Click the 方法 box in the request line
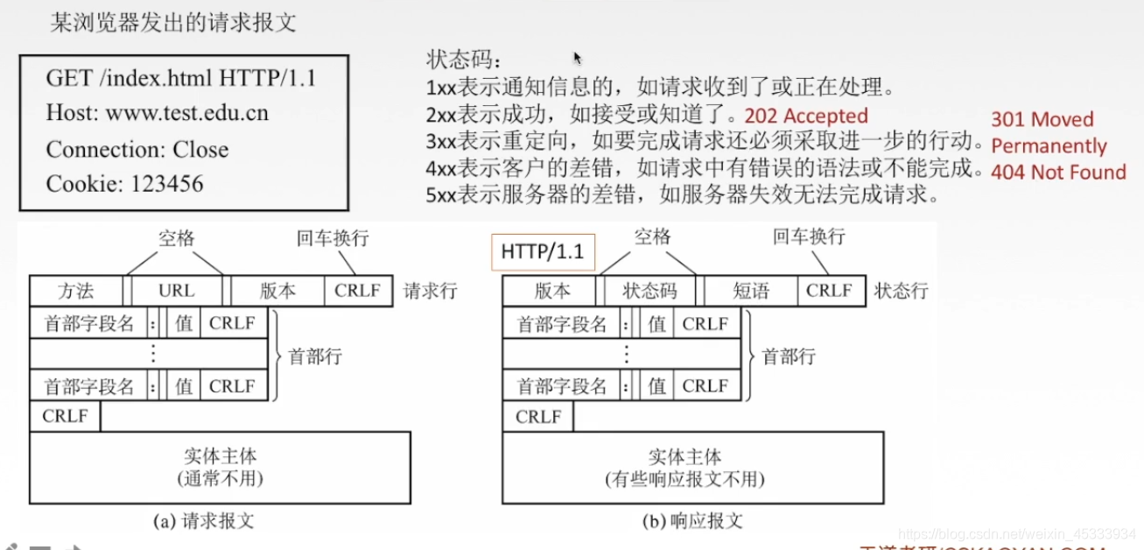[76, 291]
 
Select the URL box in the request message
[177, 291]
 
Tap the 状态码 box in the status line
[649, 291]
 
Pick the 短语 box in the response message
[751, 291]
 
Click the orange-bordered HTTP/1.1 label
[543, 251]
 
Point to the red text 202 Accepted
[805, 116]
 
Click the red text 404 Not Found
[1057, 173]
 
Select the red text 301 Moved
[1042, 119]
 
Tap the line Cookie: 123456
[124, 184]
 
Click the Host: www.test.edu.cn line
[158, 113]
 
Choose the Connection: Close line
[137, 149]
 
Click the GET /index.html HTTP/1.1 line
[181, 78]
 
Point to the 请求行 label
[430, 291]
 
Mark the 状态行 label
[901, 291]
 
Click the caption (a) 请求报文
[203, 520]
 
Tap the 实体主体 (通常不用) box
[220, 468]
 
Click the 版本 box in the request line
[277, 291]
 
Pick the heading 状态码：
[465, 60]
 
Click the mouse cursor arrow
[578, 58]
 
